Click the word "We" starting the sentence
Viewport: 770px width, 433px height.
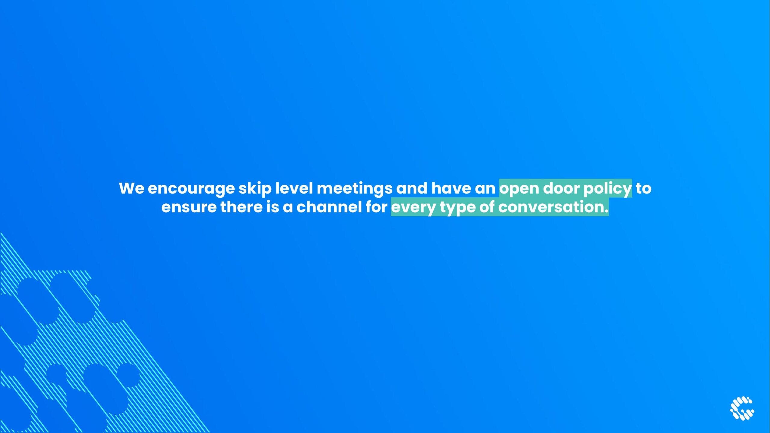[131, 188]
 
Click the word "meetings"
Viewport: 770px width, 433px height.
[355, 189]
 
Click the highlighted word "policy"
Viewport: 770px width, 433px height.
[608, 189]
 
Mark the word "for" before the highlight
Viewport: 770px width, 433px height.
[377, 207]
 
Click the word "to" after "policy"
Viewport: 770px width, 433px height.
[643, 189]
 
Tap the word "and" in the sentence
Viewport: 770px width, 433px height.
[412, 188]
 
